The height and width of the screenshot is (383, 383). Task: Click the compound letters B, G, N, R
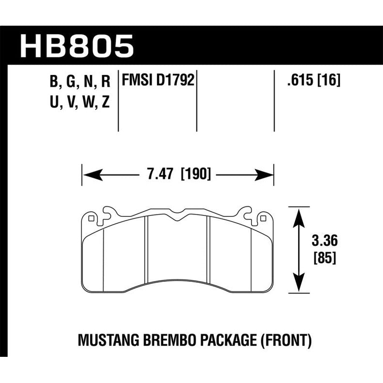click(x=81, y=81)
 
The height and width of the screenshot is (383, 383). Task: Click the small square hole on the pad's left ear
click(x=92, y=218)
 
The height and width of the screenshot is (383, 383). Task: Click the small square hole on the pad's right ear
click(x=262, y=218)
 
